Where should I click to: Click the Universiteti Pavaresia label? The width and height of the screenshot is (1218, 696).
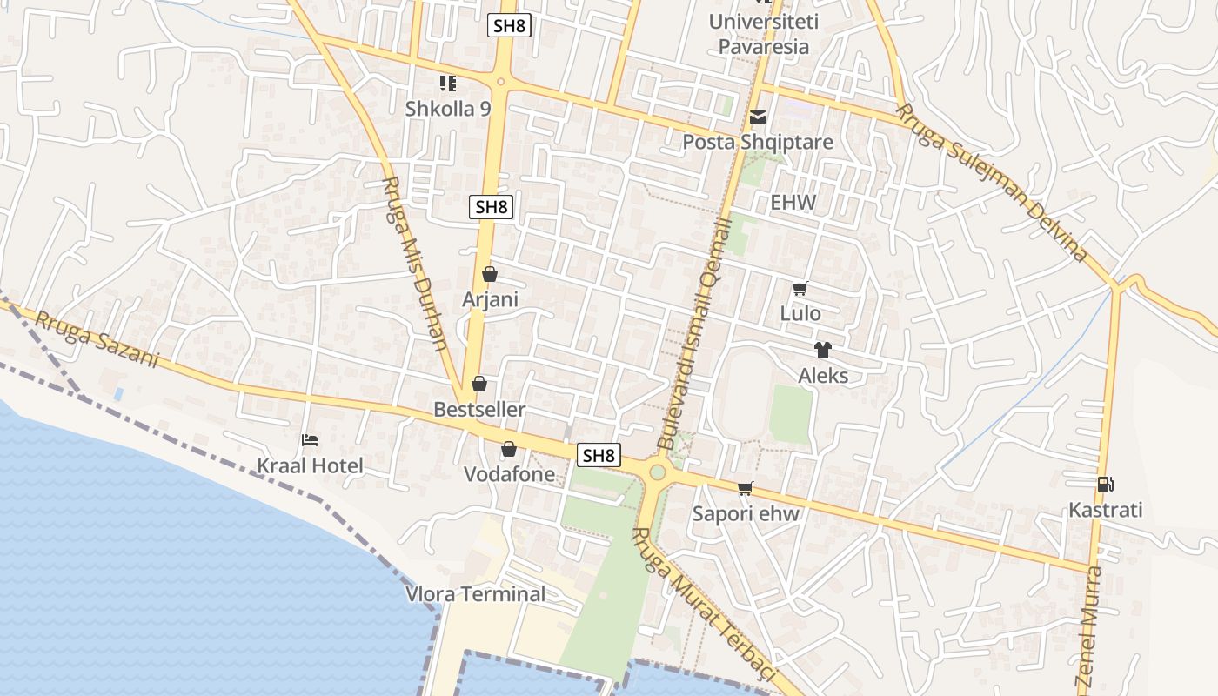763,33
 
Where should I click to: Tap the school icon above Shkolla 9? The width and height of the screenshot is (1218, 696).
448,84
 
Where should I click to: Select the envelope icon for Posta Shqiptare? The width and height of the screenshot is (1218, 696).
758,117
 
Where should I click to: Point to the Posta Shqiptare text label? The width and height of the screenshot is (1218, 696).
758,142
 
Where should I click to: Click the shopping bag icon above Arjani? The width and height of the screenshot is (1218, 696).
490,275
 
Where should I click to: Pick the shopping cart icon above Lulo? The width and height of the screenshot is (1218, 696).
800,289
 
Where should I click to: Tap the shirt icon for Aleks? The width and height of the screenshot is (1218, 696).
823,350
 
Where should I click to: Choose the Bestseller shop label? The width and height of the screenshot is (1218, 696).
479,409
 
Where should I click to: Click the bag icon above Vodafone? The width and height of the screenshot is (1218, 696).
509,450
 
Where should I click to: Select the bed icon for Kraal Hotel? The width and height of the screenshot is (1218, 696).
310,440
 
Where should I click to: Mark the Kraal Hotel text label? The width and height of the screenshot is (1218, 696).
310,466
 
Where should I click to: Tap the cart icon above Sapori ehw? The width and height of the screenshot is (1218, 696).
746,488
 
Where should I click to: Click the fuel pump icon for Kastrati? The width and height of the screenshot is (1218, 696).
1105,485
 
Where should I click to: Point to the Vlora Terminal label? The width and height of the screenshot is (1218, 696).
476,594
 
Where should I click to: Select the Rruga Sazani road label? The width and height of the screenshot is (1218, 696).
97,340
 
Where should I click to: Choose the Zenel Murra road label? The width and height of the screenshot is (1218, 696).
1088,626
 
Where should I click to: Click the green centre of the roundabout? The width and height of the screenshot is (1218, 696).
658,472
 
